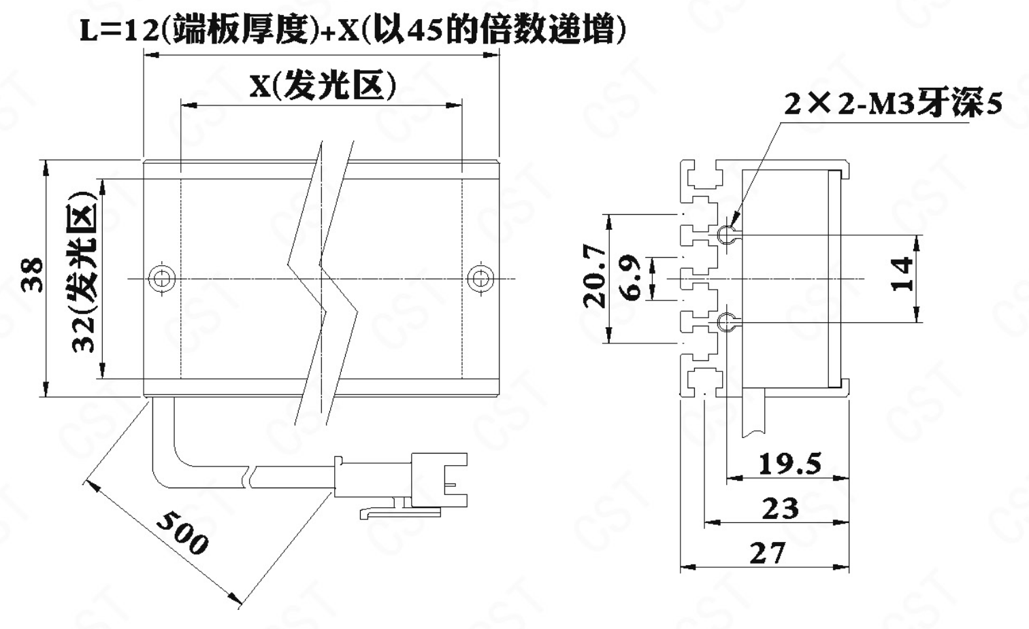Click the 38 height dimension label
33,275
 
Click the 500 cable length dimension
182,532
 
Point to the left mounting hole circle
162,278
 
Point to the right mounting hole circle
480,278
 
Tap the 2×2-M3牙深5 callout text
893,104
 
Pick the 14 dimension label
901,274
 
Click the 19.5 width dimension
789,464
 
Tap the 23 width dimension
781,509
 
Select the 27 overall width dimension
768,554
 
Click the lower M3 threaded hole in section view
727,322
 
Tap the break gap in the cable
249,477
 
